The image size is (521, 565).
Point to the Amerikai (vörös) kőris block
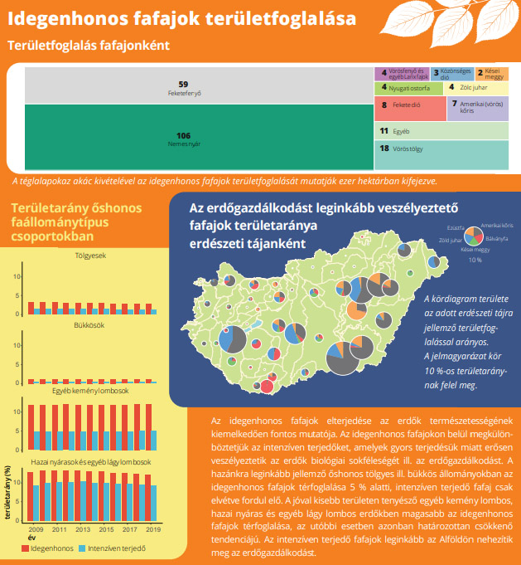(477, 107)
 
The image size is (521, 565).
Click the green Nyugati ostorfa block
(408, 87)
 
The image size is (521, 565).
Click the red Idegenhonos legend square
(26, 548)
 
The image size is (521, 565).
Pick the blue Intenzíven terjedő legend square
(81, 548)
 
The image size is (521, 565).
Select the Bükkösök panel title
(90, 325)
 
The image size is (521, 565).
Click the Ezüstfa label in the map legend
(455, 226)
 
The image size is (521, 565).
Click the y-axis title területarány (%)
(8, 492)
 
